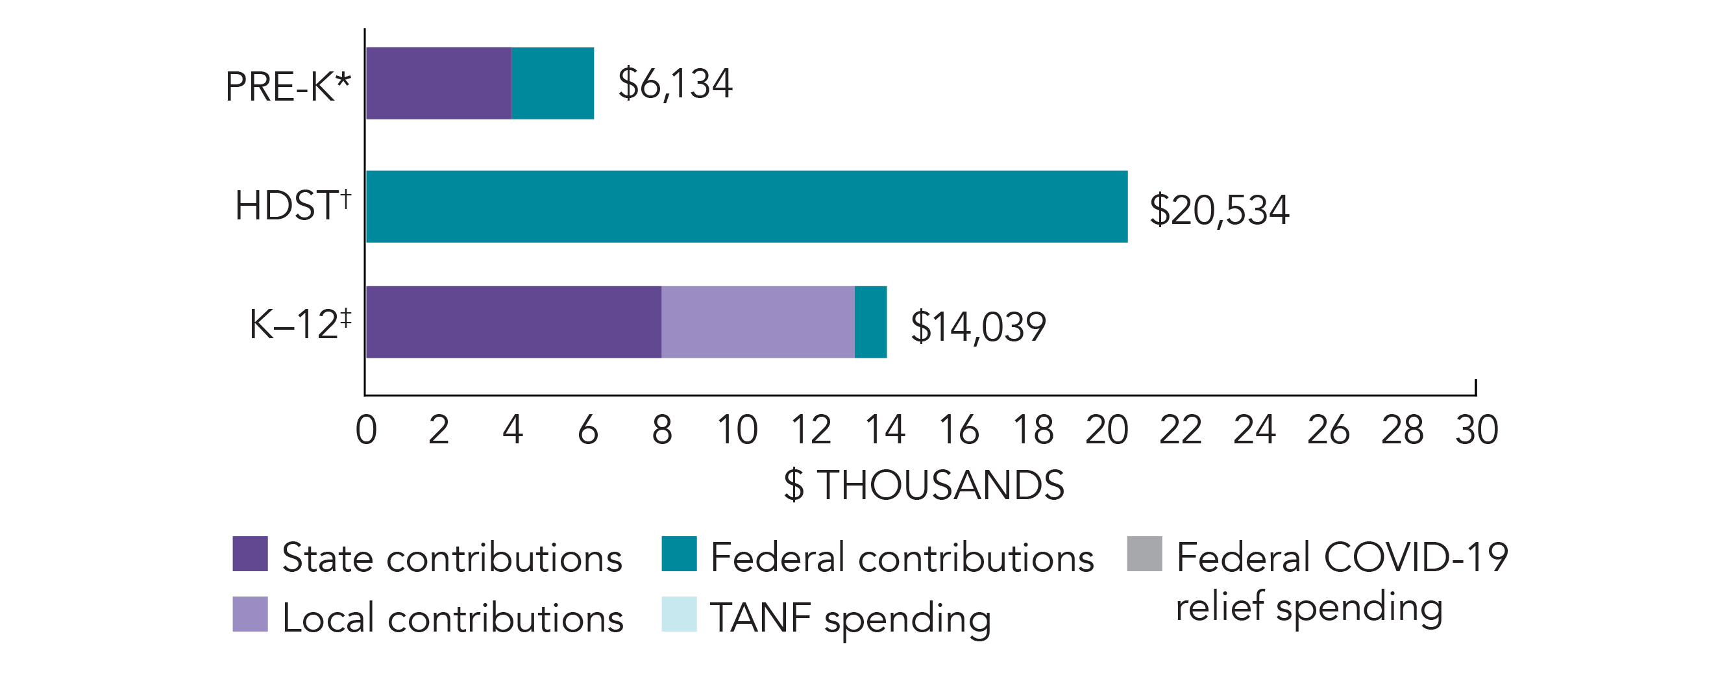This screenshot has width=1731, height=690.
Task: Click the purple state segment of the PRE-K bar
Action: pyautogui.click(x=439, y=83)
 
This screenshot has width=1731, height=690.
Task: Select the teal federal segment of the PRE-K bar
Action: pyautogui.click(x=552, y=83)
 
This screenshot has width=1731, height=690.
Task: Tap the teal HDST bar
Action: pyautogui.click(x=746, y=206)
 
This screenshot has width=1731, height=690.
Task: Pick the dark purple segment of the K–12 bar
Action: pyautogui.click(x=513, y=322)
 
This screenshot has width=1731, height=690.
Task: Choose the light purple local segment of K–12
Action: pyautogui.click(x=757, y=322)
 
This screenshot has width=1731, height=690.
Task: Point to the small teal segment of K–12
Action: pyautogui.click(x=870, y=322)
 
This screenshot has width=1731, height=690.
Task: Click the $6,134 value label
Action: pyautogui.click(x=674, y=84)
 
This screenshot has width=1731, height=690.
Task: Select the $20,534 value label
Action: pyautogui.click(x=1219, y=210)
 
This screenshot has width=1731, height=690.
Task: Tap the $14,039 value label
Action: pyautogui.click(x=977, y=327)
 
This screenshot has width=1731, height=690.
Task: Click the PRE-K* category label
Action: pyautogui.click(x=288, y=87)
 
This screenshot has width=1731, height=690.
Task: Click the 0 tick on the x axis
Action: pyautogui.click(x=366, y=430)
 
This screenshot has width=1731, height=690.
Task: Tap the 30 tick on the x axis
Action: pyautogui.click(x=1477, y=430)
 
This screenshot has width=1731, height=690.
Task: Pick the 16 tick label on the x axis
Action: pyautogui.click(x=959, y=430)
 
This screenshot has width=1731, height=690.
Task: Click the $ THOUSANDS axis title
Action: pyautogui.click(x=924, y=485)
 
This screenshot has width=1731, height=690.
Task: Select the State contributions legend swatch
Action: pyautogui.click(x=250, y=554)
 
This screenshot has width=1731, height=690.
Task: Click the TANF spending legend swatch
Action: pyautogui.click(x=679, y=614)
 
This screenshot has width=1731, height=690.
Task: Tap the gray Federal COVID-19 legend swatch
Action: pyautogui.click(x=1144, y=554)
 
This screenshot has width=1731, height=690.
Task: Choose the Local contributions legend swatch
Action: pyautogui.click(x=250, y=614)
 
